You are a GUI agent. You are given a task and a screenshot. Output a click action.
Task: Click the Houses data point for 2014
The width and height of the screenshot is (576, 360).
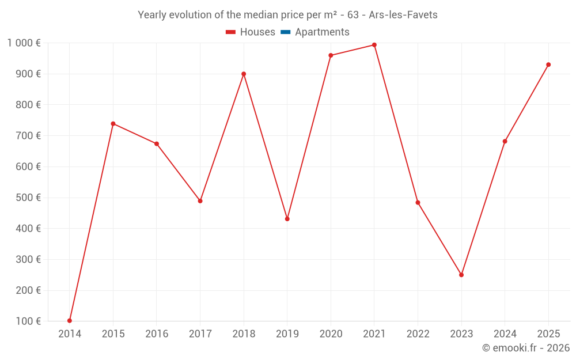pos(70,321)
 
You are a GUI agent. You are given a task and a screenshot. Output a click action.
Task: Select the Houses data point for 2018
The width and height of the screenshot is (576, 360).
pos(244,74)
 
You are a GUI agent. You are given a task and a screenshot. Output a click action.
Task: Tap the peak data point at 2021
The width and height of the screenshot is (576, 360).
pos(374,45)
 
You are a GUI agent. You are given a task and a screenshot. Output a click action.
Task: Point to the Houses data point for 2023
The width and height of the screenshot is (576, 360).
pos(461,275)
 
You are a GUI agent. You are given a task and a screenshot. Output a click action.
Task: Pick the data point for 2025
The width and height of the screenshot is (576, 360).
pos(548,65)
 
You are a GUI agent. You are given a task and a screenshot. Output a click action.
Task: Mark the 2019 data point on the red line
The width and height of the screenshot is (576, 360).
pos(287,219)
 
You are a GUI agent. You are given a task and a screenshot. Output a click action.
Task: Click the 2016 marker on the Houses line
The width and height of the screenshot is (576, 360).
pos(157,143)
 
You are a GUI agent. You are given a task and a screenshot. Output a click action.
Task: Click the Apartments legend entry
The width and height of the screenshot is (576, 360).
pos(322,32)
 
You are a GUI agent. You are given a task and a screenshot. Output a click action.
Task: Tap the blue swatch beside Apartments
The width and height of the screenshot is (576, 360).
pos(286,32)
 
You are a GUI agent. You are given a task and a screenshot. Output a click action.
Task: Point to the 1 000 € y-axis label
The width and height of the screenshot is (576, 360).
pos(24,43)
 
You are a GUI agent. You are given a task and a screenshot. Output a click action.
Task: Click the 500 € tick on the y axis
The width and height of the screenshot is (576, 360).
pos(29,198)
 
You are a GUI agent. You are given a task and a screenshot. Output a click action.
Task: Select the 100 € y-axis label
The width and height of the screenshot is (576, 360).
pos(29,321)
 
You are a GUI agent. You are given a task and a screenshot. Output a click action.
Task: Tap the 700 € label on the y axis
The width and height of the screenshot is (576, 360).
pos(29,136)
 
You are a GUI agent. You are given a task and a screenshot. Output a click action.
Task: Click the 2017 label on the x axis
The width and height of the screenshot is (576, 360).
pos(200,334)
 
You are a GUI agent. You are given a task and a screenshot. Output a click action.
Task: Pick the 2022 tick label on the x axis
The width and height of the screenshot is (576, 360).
pos(418,334)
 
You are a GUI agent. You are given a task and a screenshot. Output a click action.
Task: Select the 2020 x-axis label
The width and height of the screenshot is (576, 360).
pos(331,334)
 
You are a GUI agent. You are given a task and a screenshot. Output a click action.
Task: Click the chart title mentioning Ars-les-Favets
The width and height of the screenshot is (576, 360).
pos(287,15)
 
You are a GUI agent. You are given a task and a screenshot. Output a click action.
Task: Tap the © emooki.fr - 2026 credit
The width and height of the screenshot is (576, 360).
pos(525,348)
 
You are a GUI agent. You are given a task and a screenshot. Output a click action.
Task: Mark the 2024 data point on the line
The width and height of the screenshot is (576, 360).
pos(505,141)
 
